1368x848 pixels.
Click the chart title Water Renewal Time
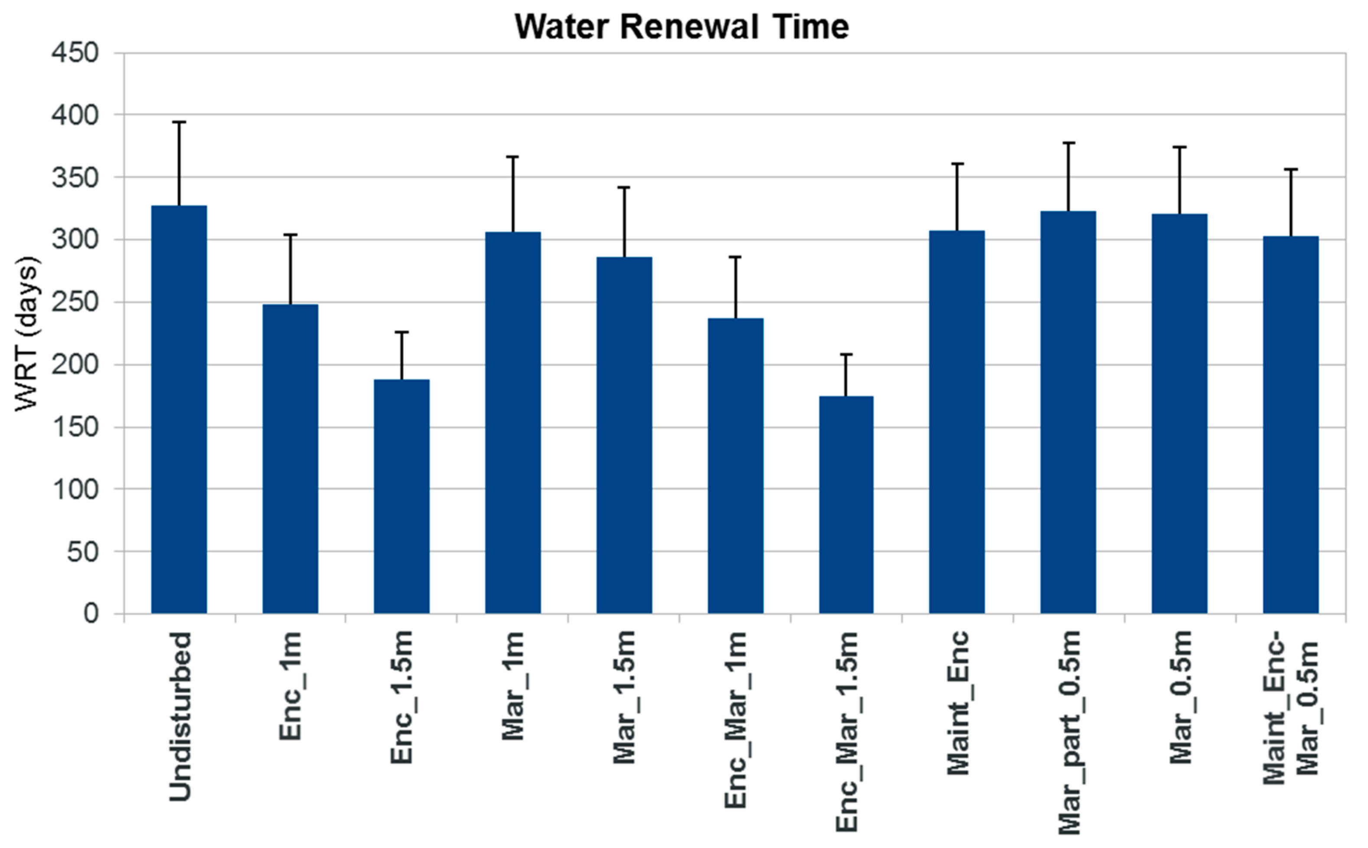tap(681, 27)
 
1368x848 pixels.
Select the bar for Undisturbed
tap(179, 409)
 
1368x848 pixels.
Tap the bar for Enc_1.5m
tap(402, 496)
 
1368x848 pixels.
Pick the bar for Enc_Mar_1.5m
tap(846, 505)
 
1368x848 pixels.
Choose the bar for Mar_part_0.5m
tap(1068, 412)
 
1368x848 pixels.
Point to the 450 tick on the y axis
tap(75, 53)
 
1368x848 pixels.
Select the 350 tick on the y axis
tap(75, 178)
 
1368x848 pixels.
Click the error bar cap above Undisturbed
tap(179, 122)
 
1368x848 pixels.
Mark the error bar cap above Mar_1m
tap(513, 157)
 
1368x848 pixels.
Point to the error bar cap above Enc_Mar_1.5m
tap(846, 354)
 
